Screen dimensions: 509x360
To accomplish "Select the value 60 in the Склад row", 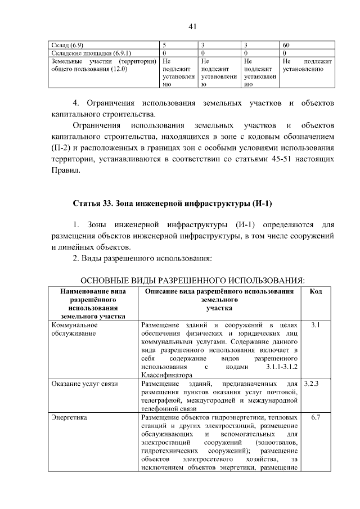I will click(286, 44).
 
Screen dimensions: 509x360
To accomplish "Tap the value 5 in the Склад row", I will click(164, 44).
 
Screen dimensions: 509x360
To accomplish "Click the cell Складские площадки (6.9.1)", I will click(79, 53).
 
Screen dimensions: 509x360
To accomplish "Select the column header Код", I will click(316, 291).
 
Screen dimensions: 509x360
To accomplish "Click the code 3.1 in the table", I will click(316, 325).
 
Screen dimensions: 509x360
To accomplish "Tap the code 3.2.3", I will click(311, 384).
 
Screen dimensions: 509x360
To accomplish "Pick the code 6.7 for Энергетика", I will click(316, 418).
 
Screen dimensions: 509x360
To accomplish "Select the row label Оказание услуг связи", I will click(84, 384).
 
